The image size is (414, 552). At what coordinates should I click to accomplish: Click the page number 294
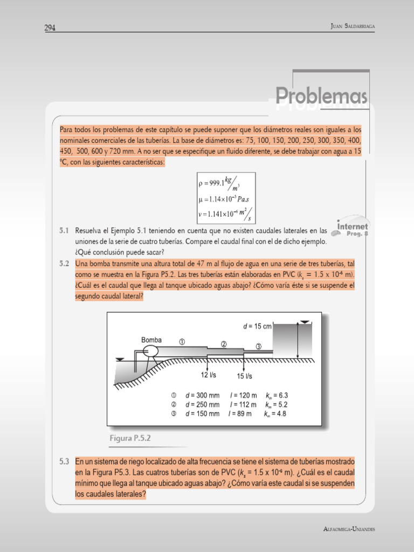51,27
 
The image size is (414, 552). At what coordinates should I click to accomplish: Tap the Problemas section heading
322,96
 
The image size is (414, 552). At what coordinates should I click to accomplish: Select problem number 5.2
64,264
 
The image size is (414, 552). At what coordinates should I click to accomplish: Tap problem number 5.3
64,462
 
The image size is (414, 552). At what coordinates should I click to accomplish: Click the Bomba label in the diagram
151,340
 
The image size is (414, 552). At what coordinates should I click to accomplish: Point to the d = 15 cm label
257,326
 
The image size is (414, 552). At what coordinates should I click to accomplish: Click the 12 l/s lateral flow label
209,375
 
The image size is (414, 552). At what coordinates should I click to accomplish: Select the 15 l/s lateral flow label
245,376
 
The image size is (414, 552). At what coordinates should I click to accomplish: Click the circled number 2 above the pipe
223,344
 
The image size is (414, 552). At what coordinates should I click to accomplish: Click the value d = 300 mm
202,395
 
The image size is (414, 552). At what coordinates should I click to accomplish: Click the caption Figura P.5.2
130,438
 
